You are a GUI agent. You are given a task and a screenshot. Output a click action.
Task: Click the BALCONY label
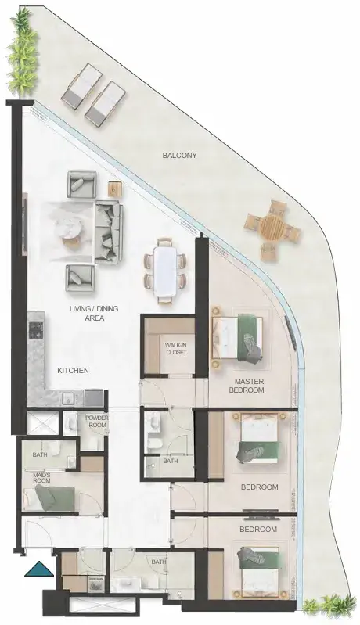[179, 156]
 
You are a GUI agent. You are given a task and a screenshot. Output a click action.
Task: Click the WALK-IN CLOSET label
[176, 349]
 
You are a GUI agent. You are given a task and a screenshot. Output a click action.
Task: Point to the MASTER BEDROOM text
[247, 386]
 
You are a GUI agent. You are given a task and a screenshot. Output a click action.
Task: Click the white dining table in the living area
[166, 270]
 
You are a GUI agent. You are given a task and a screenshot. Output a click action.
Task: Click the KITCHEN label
[73, 370]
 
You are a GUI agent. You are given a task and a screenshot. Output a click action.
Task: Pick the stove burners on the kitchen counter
[35, 330]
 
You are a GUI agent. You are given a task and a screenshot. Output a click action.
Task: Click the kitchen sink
[68, 397]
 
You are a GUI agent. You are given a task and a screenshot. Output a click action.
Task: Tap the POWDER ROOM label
[97, 422]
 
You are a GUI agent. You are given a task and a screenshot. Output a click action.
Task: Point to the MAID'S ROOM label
[41, 477]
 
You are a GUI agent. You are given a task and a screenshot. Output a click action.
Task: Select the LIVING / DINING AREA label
[94, 314]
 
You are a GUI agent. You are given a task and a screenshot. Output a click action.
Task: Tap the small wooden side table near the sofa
[114, 189]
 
